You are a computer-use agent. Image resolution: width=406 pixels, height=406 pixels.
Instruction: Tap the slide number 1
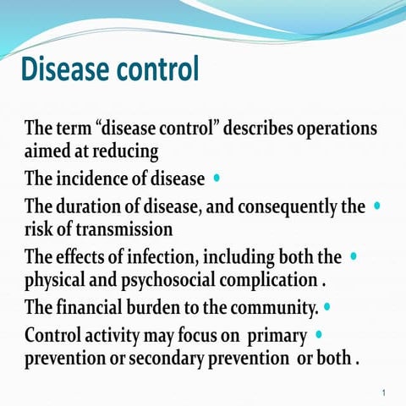pos(384,392)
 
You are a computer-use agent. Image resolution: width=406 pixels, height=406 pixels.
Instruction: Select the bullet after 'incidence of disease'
pos(218,178)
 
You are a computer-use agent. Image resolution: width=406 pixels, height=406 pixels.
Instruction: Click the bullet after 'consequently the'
pos(376,205)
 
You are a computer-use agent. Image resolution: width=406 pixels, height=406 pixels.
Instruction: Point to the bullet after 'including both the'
pos(353,255)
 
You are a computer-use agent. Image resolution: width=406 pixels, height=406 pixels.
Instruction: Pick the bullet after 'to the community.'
pos(326,307)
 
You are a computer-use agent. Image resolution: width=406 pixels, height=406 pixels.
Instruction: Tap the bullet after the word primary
pos(318,333)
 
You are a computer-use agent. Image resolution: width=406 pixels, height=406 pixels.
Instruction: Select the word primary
pos(275,333)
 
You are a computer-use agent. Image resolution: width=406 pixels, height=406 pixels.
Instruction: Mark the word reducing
pos(124,153)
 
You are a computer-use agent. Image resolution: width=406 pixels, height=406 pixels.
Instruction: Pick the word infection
pos(163,256)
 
